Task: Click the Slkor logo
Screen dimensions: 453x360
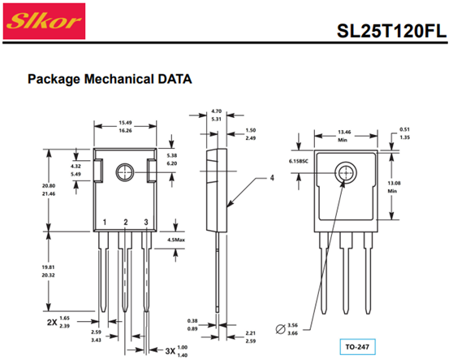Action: pyautogui.click(x=44, y=21)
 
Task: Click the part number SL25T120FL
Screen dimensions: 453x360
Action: pyautogui.click(x=391, y=31)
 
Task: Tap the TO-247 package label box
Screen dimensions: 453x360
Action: pyautogui.click(x=357, y=347)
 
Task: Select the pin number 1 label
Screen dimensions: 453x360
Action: pyautogui.click(x=105, y=222)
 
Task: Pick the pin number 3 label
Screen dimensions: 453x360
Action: pyautogui.click(x=146, y=222)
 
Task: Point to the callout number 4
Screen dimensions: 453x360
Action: pyautogui.click(x=272, y=178)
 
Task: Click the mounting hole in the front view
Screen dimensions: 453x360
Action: pyautogui.click(x=125, y=172)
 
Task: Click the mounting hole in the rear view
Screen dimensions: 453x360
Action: pyautogui.click(x=346, y=173)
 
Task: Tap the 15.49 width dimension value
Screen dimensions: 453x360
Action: pyautogui.click(x=125, y=123)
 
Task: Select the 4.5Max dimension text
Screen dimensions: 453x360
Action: pyautogui.click(x=176, y=240)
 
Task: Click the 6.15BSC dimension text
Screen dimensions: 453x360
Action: pyautogui.click(x=299, y=161)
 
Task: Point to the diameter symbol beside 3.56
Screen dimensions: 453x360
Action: pyautogui.click(x=280, y=329)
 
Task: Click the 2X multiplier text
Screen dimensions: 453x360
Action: pyautogui.click(x=52, y=322)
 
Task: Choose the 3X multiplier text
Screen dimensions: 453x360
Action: pyautogui.click(x=170, y=351)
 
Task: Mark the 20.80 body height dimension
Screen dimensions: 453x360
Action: pyautogui.click(x=49, y=185)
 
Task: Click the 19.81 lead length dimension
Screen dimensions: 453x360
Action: pyautogui.click(x=48, y=267)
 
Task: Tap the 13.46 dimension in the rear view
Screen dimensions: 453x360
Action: pyautogui.click(x=344, y=132)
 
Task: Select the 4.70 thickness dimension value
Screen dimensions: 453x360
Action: pyautogui.click(x=217, y=111)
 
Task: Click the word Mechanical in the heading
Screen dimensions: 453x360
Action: pyautogui.click(x=119, y=79)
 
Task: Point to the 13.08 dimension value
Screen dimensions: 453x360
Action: pyautogui.click(x=394, y=183)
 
